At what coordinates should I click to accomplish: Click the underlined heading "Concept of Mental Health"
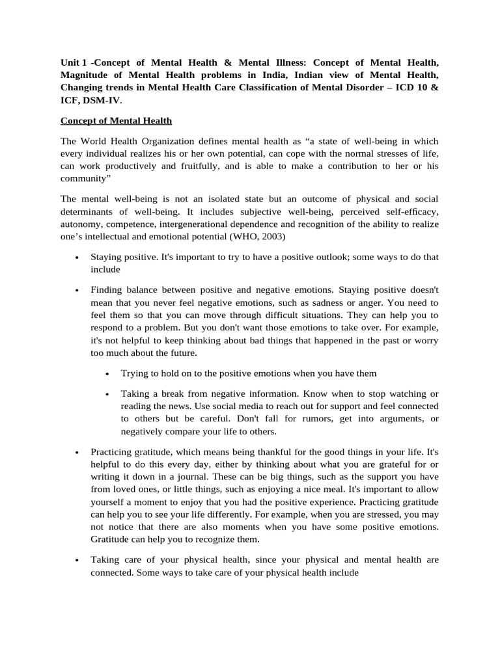click(116, 120)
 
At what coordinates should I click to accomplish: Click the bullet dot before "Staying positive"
click(77, 258)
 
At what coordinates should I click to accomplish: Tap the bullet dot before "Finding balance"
click(77, 290)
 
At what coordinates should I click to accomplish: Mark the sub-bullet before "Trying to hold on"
click(107, 374)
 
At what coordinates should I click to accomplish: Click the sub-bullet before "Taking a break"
click(107, 395)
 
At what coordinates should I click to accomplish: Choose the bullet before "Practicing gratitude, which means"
click(77, 452)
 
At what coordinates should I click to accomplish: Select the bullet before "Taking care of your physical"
click(77, 559)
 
